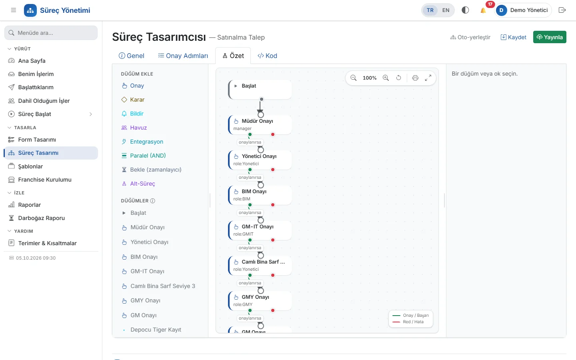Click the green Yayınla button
coord(550,37)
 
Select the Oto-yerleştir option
coord(470,37)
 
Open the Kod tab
coord(267,56)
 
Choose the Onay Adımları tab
coord(183,56)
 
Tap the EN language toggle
coord(446,10)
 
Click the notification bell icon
coord(483,10)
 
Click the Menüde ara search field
coord(51,33)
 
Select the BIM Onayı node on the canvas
coord(260,195)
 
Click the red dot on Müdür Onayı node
coord(273,134)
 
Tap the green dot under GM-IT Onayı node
coord(250,240)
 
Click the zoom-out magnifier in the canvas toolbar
coord(353,78)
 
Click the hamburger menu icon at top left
coord(14,10)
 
